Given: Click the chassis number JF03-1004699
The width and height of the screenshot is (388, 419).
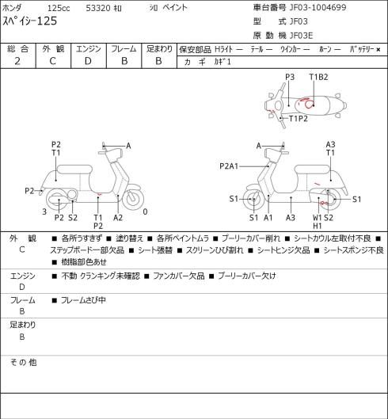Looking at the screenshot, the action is [x=318, y=7].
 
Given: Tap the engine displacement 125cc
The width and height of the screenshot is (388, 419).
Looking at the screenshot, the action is [x=59, y=8].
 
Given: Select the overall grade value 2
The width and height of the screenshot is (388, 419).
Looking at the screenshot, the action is [x=17, y=61].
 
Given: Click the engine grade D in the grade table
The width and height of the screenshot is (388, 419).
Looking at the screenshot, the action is [x=88, y=61].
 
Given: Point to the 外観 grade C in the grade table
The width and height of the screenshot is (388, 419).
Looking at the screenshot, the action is [x=52, y=61].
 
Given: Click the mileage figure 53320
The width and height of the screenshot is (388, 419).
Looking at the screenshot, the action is [x=98, y=8].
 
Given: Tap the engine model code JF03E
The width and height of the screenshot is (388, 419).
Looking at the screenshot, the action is [x=301, y=36].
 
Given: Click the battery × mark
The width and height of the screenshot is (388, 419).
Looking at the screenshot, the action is [x=378, y=49].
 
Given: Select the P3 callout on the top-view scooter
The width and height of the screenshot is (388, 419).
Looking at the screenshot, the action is [x=290, y=77].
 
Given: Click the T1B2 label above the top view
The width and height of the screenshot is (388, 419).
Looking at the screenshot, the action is [x=318, y=77].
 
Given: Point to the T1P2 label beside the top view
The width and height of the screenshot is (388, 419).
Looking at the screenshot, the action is [x=299, y=118].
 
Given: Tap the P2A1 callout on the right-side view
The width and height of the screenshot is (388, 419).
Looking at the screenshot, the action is [x=229, y=166].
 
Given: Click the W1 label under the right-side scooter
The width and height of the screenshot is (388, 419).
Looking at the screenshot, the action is [x=318, y=218].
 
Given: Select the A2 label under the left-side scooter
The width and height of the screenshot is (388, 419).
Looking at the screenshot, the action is [x=118, y=218].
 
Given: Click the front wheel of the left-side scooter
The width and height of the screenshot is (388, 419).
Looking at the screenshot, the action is [x=133, y=200].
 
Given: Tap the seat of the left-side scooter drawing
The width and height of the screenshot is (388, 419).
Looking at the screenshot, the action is [x=74, y=170].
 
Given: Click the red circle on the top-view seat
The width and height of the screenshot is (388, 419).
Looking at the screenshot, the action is [x=309, y=105].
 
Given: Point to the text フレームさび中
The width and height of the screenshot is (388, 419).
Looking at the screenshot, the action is [x=83, y=300].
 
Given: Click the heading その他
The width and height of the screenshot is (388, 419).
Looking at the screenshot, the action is [x=23, y=363].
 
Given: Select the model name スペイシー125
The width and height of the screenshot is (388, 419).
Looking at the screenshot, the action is [x=29, y=21].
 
